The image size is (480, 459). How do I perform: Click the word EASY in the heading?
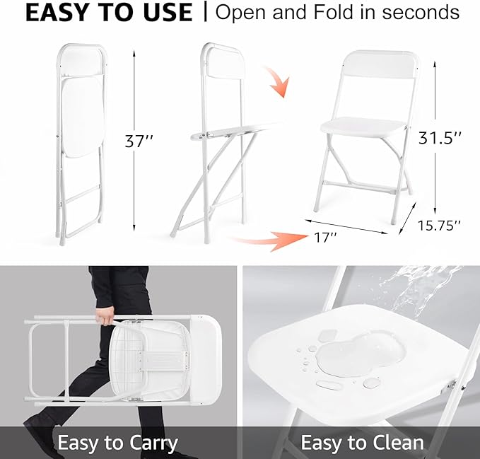55,13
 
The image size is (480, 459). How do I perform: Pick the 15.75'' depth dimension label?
438,225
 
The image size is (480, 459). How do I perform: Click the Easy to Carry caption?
117,443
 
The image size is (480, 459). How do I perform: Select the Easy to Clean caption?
362,443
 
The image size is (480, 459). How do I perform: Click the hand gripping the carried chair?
106,316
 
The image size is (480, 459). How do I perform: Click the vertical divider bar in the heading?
205,13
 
